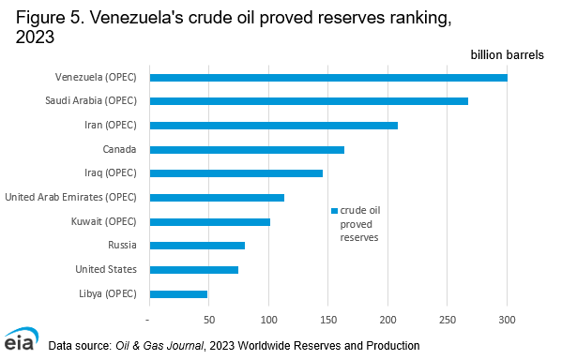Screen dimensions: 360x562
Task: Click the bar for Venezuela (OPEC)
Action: [x=328, y=77]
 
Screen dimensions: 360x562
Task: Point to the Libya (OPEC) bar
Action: [x=178, y=293]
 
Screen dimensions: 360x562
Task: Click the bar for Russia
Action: [x=197, y=246]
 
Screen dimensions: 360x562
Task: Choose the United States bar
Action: [x=193, y=269]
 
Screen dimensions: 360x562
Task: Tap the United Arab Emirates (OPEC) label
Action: [x=71, y=197]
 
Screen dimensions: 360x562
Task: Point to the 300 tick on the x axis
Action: [x=508, y=319]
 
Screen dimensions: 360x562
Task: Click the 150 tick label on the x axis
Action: [x=328, y=319]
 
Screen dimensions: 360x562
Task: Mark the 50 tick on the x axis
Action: [x=209, y=319]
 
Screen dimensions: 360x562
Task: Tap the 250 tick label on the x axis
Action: [x=448, y=319]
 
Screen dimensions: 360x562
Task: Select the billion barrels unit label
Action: [x=507, y=55]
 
